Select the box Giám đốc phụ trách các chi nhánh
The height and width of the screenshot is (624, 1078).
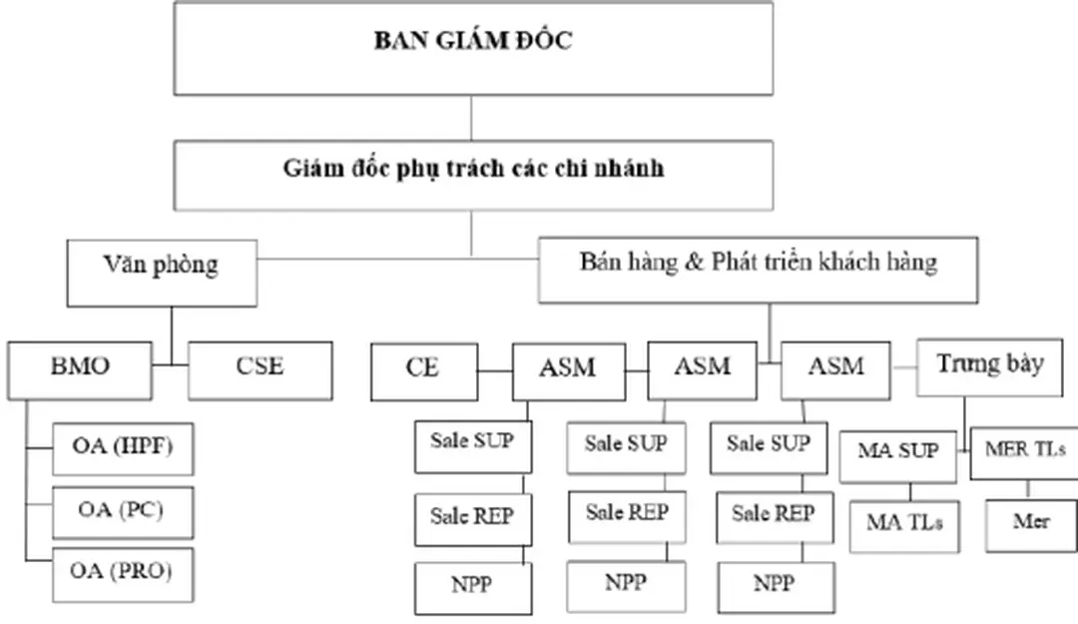pyautogui.click(x=472, y=169)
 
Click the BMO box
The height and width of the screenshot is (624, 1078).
pyautogui.click(x=80, y=369)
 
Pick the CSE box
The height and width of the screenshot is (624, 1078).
pyautogui.click(x=260, y=369)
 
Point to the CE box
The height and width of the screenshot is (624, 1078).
pyautogui.click(x=422, y=369)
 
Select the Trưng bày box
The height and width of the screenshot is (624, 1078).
pyautogui.click(x=990, y=365)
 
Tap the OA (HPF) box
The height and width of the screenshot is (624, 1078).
pyautogui.click(x=122, y=448)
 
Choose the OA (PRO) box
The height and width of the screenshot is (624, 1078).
pyautogui.click(x=122, y=573)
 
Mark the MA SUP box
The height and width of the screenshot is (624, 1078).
pyautogui.click(x=897, y=452)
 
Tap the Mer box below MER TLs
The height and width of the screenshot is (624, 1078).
pyautogui.click(x=1030, y=524)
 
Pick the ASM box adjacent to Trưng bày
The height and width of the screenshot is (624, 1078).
pyautogui.click(x=835, y=369)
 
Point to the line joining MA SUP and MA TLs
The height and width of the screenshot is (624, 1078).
pyautogui.click(x=910, y=490)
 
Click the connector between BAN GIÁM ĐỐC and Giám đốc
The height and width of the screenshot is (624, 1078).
pyautogui.click(x=472, y=118)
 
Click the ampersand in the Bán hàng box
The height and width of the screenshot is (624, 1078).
pyautogui.click(x=696, y=264)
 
